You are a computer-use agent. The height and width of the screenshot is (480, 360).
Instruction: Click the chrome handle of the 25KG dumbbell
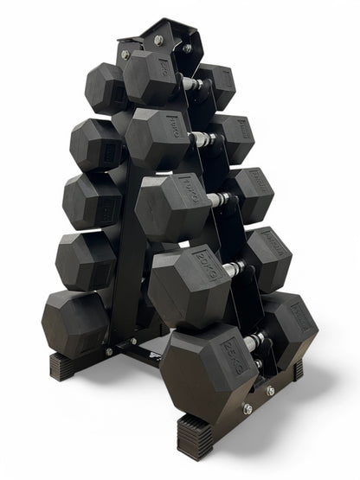pyautogui.click(x=253, y=342)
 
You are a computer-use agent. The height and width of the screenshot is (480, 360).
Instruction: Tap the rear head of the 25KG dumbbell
pyautogui.click(x=291, y=324)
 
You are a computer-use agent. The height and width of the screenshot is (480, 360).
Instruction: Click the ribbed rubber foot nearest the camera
pyautogui.click(x=196, y=437)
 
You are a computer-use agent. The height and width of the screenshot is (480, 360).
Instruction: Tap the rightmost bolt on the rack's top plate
pyautogui.click(x=187, y=48)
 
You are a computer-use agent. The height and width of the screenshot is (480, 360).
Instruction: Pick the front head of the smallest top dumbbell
pyautogui.click(x=151, y=79)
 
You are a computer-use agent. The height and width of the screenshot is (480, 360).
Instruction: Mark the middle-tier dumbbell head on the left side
pyautogui.click(x=91, y=200)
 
